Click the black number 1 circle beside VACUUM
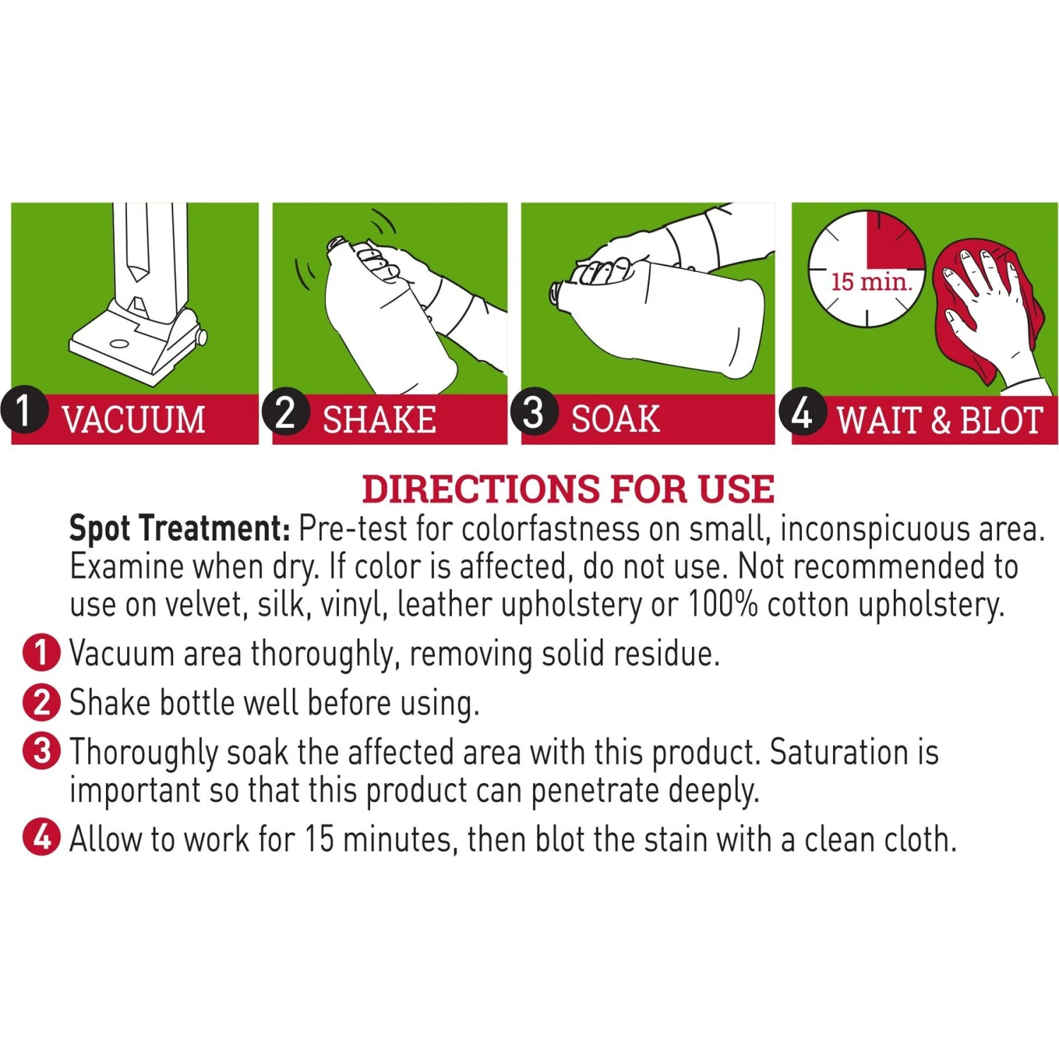coord(24,409)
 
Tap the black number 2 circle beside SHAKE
coord(285,411)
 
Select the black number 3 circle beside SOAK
coord(534,411)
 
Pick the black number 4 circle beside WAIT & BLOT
coord(803,411)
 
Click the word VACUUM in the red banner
coord(133,419)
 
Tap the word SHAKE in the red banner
coord(380,419)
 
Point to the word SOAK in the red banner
coord(616,419)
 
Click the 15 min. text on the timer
coord(871,282)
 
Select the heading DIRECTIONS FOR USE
coord(568,489)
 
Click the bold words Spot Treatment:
coord(180,528)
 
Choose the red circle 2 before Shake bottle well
coord(42,702)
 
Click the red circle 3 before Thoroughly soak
coord(42,750)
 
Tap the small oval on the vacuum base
coord(119,345)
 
